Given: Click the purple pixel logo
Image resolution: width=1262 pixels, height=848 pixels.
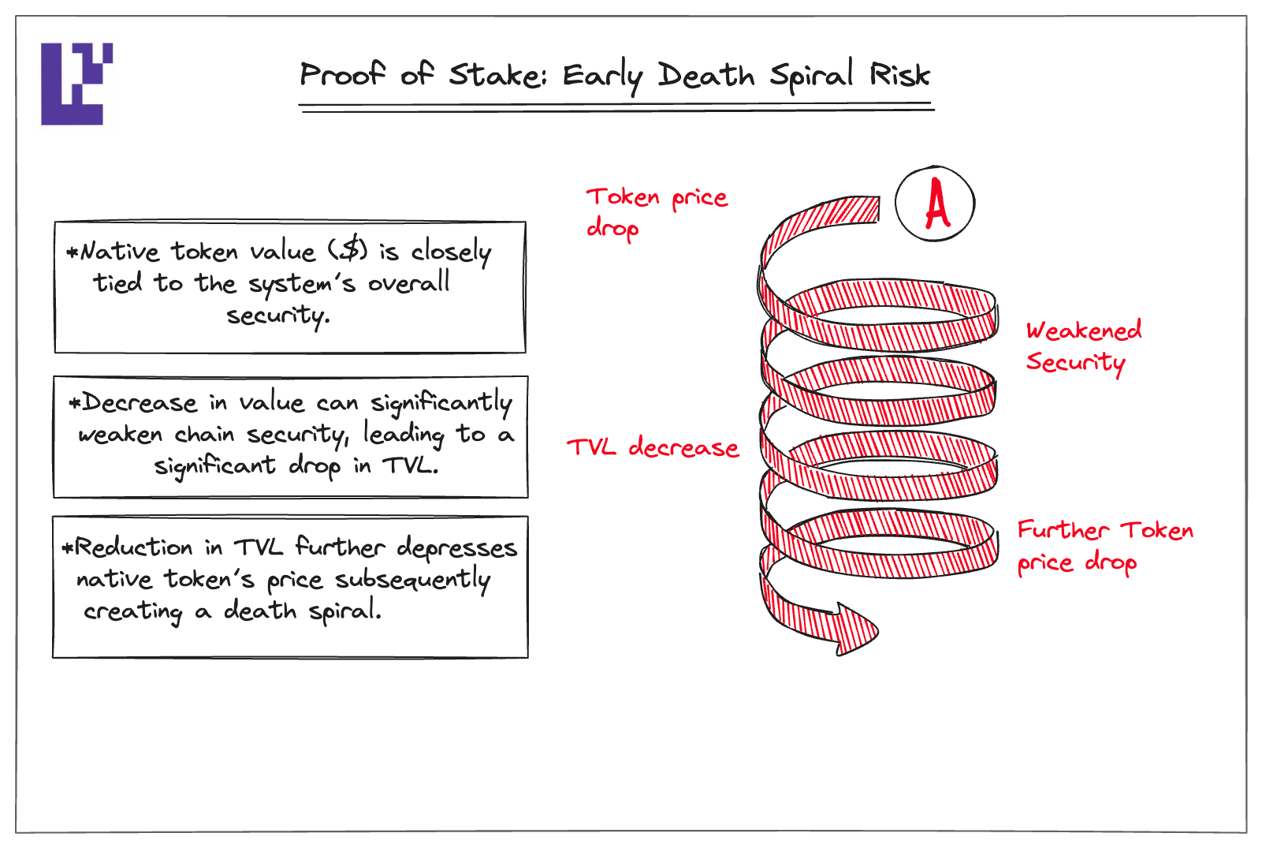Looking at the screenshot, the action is coord(76,84).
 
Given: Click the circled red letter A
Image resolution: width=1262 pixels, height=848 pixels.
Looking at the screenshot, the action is coord(935,204).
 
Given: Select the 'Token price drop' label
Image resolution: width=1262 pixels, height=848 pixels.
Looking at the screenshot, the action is coord(657,213).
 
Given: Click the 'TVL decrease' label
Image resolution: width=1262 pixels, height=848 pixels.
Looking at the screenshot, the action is coord(653,448).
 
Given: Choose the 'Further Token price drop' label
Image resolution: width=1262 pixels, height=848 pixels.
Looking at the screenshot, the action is coord(1105,547).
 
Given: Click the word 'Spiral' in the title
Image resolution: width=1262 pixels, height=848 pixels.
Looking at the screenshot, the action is coord(811,76).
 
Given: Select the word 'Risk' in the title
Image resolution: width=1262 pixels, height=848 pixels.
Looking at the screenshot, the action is coord(899,74).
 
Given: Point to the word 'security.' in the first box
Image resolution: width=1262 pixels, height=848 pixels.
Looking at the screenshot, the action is coord(278,316).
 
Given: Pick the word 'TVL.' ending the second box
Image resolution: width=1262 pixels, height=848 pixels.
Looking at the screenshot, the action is coord(410,465).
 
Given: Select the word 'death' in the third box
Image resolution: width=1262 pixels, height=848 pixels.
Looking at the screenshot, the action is coord(260,610).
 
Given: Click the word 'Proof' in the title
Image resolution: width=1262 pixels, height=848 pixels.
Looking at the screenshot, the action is coord(343,74).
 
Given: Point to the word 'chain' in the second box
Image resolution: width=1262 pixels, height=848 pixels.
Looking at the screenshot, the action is coord(204,434).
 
